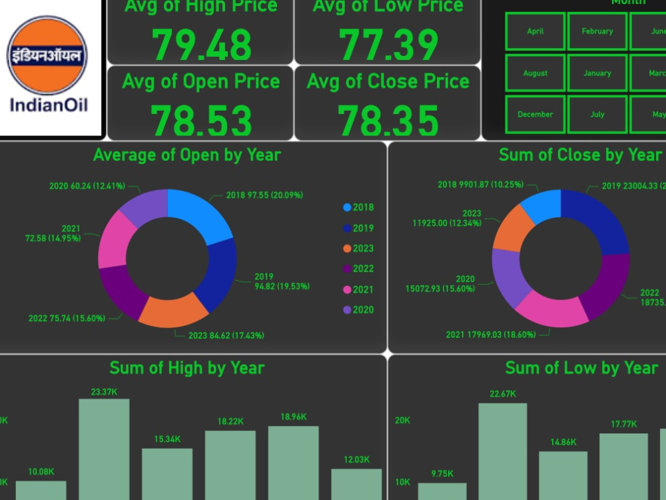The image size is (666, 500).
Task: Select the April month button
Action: [x=535, y=31]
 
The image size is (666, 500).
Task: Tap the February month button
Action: [x=597, y=31]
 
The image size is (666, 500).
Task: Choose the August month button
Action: [x=535, y=73]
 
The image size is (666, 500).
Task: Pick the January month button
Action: [x=597, y=73]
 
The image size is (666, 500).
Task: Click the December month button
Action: [x=535, y=115]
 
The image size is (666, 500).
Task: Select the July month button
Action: [x=597, y=115]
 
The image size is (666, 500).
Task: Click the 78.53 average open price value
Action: [x=201, y=121]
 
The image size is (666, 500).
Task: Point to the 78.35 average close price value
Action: [x=388, y=121]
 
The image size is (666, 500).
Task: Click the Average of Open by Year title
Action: [x=187, y=155]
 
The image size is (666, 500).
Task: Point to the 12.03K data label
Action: [x=356, y=459]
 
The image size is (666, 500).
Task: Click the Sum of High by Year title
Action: [x=187, y=368]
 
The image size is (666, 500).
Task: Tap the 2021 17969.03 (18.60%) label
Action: [x=491, y=335]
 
